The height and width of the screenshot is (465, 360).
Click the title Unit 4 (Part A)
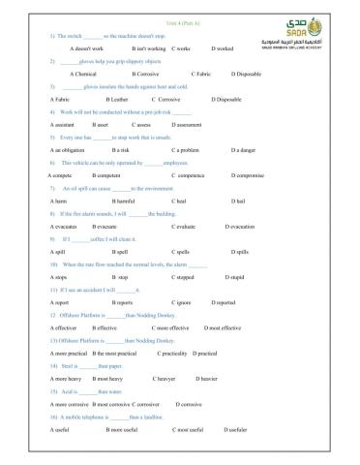[x=179, y=9]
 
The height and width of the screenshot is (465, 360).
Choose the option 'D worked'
[x=221, y=46]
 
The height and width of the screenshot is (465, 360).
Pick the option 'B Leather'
[x=116, y=99]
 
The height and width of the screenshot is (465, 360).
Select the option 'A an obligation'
[x=71, y=150]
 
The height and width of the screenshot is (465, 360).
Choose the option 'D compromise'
[x=249, y=176]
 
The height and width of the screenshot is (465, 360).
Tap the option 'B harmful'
[x=120, y=201]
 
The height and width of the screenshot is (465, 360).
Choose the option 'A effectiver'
[x=66, y=328]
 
